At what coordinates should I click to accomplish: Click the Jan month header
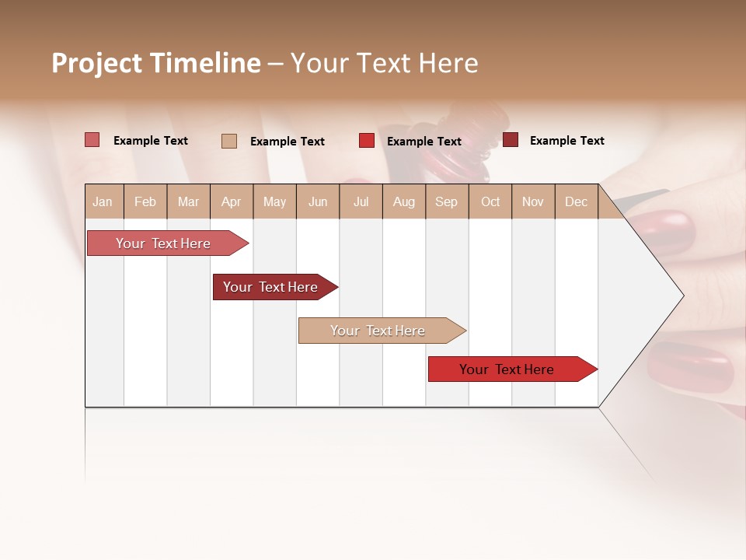coord(103,201)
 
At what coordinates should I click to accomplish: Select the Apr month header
coord(232,201)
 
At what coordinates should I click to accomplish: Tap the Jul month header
coord(361,201)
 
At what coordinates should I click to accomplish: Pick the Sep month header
coord(447,201)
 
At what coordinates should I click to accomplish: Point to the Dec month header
coord(576,201)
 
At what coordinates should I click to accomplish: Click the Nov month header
coord(533,201)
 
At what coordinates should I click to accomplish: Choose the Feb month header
coord(145,201)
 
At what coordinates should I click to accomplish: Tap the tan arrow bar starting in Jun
coord(378,331)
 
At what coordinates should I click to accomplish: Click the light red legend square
coord(92,140)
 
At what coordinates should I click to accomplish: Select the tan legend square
coord(228,141)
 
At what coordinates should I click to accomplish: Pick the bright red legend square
coord(366,140)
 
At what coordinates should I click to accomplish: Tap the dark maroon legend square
coord(510,140)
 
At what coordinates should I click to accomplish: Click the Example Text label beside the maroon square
coord(566,141)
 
